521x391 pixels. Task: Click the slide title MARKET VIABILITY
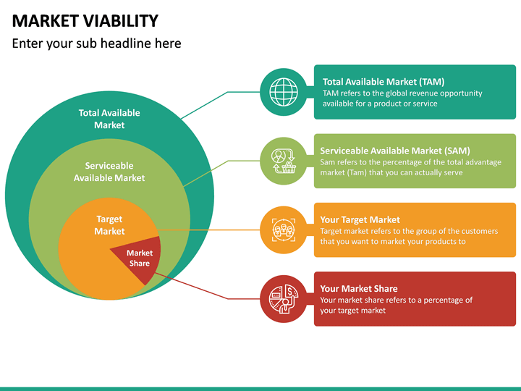(85, 20)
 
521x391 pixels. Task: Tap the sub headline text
(97, 43)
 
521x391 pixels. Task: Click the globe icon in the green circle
(282, 91)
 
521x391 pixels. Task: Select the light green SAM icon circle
(282, 161)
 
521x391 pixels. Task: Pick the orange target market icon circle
(282, 230)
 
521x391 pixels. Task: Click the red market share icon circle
(282, 299)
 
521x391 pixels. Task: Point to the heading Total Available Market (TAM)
(384, 82)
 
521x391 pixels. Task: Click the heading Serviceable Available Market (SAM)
(395, 151)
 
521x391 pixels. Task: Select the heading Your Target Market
(360, 219)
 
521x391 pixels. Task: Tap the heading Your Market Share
(359, 289)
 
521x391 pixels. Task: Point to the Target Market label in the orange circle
(109, 225)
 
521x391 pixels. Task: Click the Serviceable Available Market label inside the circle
(109, 172)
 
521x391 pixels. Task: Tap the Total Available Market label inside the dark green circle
(109, 119)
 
